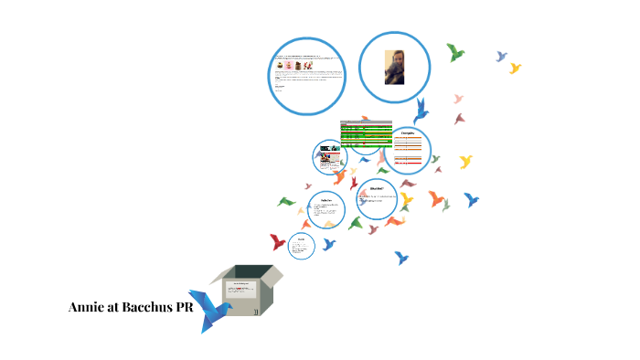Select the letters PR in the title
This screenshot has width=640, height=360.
click(194, 307)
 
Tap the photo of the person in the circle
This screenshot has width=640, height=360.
click(394, 68)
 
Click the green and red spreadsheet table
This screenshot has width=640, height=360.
click(366, 133)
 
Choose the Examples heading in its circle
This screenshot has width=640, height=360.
click(410, 134)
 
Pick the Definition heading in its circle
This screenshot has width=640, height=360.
click(326, 200)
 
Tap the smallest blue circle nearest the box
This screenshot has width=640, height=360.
click(301, 245)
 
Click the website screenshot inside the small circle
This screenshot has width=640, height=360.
click(327, 158)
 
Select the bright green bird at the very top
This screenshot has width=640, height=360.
click(454, 52)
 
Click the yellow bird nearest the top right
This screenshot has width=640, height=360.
click(515, 68)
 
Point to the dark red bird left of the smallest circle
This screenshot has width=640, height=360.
click(278, 242)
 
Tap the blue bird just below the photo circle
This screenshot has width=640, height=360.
click(421, 111)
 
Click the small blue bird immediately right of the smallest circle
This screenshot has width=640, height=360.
click(328, 244)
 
